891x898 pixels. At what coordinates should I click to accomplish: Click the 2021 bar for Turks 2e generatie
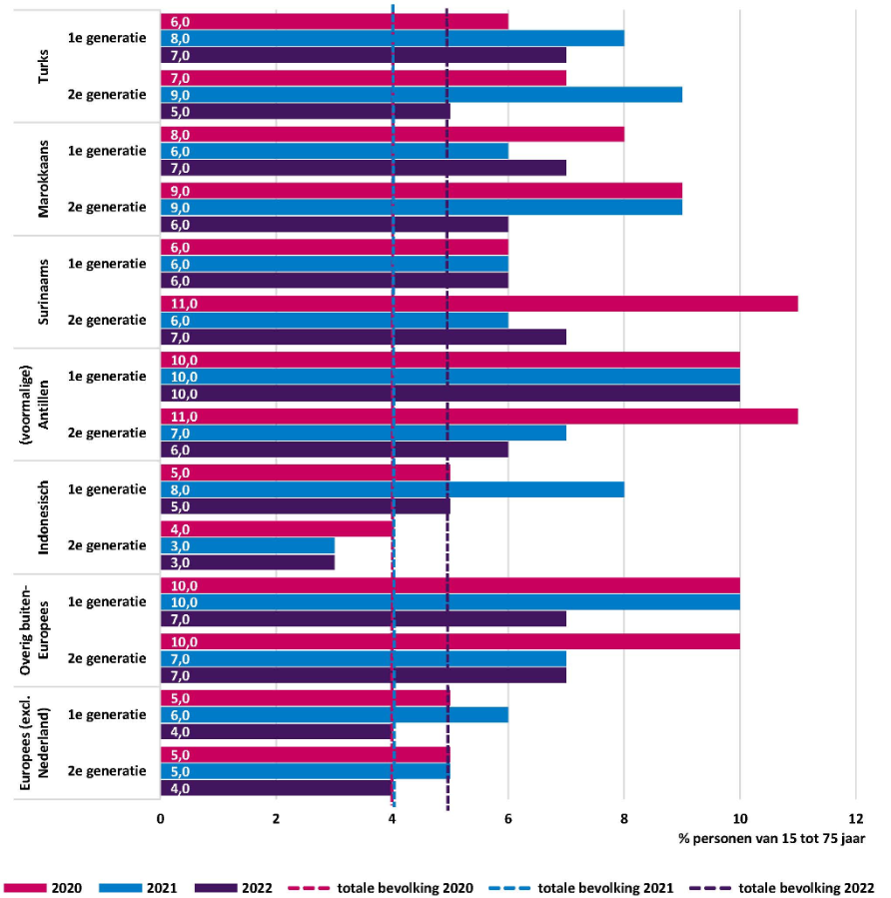(x=421, y=95)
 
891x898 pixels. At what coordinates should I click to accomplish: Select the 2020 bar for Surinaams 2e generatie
(x=478, y=304)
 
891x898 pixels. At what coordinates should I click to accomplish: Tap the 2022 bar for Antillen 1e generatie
(x=449, y=394)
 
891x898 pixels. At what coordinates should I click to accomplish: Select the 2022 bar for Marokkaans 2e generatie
(x=334, y=225)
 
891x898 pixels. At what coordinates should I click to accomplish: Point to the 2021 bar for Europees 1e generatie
(x=334, y=715)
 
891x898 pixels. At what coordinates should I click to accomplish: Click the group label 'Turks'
(x=44, y=66)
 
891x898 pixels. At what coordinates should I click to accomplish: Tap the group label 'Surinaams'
(x=44, y=292)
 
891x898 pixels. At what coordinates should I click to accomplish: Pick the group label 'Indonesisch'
(x=44, y=516)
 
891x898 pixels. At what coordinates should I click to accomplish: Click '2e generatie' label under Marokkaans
(x=106, y=208)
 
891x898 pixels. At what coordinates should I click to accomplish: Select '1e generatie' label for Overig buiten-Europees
(x=106, y=602)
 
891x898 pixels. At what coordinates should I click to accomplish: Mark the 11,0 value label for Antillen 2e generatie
(x=182, y=417)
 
